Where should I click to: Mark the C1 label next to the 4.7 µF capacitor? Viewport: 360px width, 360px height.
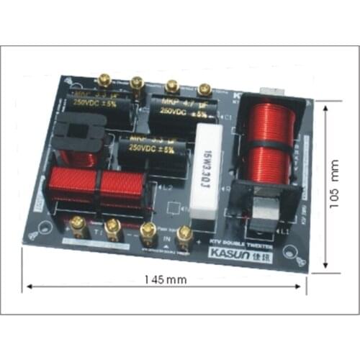pos(228,117)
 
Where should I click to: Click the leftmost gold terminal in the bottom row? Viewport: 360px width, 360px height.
pos(76,225)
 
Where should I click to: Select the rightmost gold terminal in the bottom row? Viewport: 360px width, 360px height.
pos(185,233)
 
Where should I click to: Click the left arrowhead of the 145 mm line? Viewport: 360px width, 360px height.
pos(30,286)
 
